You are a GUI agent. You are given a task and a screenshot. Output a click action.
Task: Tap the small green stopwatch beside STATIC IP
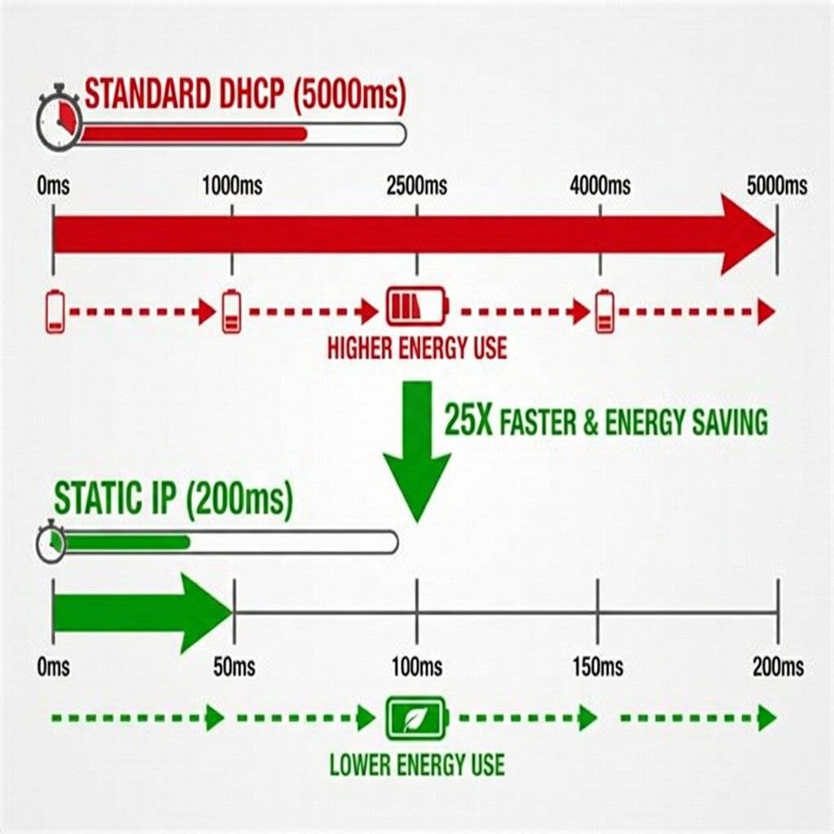coord(50,542)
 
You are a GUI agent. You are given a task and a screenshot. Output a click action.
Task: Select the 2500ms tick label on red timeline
coord(417,186)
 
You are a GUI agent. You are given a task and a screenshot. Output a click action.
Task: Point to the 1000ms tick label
coord(232,186)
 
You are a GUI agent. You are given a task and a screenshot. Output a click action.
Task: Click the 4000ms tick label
coord(600,186)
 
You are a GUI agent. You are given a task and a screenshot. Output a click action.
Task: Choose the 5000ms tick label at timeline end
coord(777,186)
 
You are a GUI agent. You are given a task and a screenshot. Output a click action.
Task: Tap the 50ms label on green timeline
coord(234,668)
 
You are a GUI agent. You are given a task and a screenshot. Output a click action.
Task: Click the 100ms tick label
coord(417,668)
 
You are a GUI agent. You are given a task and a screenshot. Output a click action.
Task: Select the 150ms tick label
coord(598,668)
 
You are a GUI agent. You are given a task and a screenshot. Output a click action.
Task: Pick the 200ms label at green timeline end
coord(778,668)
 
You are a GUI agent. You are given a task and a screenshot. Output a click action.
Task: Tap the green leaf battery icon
coord(417,718)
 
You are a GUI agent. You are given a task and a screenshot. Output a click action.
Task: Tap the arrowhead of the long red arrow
coord(745,235)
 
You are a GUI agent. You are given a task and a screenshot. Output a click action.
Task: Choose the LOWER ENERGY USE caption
coord(417,765)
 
